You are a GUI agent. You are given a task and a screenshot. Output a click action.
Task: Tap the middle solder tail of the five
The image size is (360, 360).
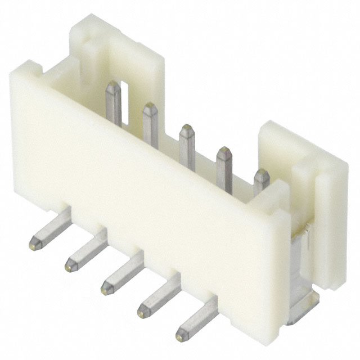point(122,273)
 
